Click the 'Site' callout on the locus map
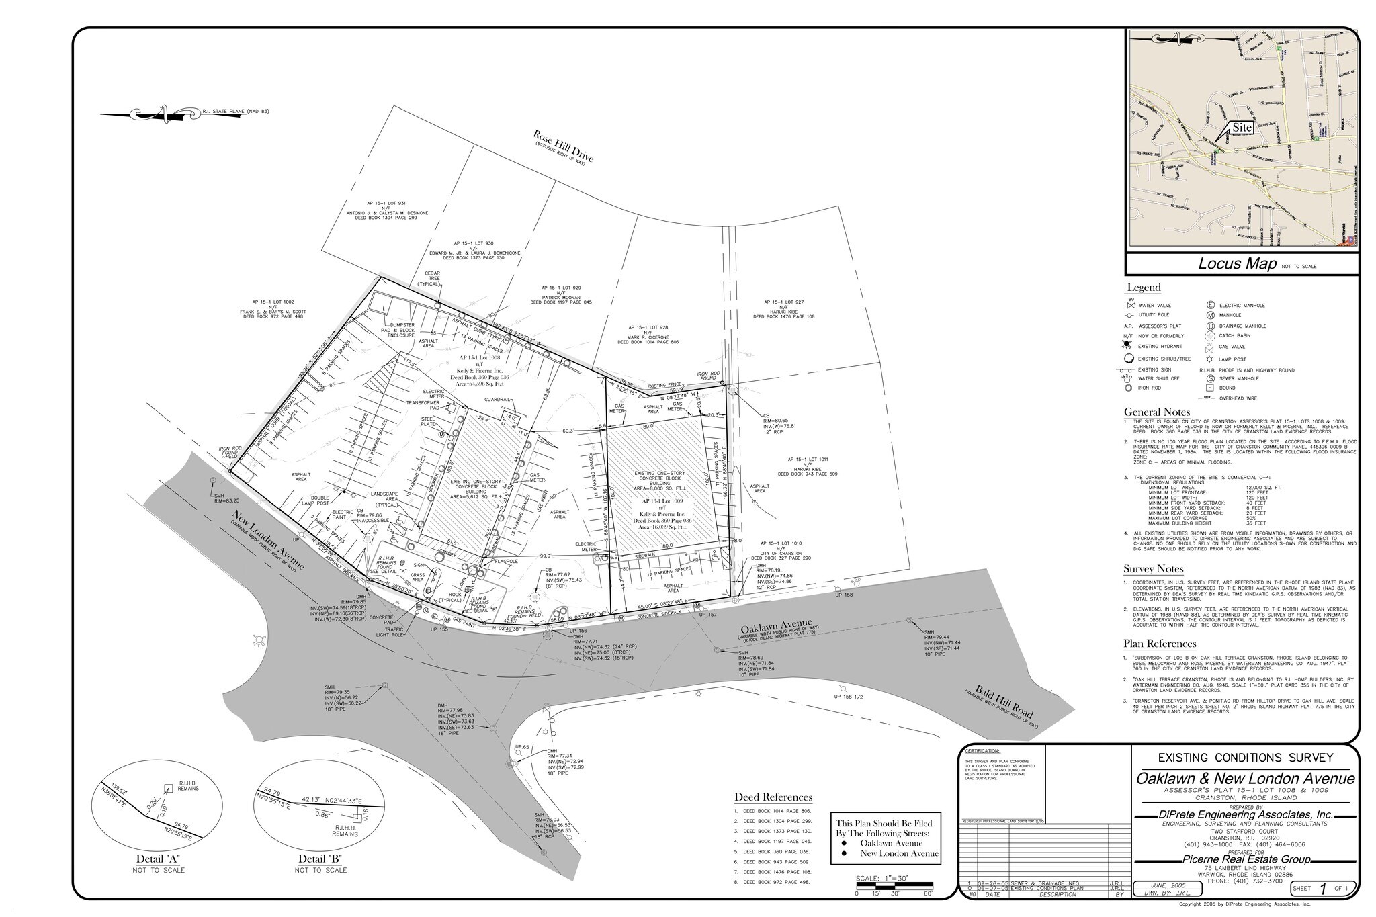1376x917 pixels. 1242,127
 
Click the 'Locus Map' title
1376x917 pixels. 1237,263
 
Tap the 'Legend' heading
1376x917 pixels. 1144,288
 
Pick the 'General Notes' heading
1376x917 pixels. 1157,412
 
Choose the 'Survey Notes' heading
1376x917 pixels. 1153,569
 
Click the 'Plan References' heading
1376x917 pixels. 1160,643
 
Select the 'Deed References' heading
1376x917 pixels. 773,797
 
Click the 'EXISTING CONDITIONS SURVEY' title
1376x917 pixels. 1245,758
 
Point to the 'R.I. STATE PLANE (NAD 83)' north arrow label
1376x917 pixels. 235,111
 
